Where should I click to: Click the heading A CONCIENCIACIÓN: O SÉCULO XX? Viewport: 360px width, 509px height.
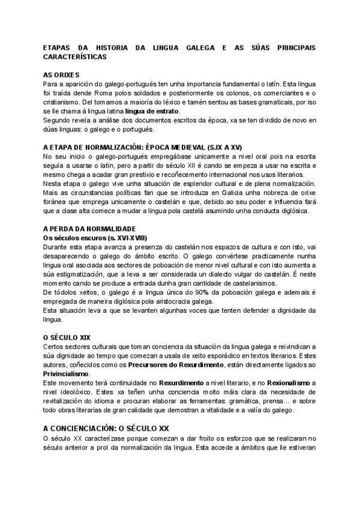106,429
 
